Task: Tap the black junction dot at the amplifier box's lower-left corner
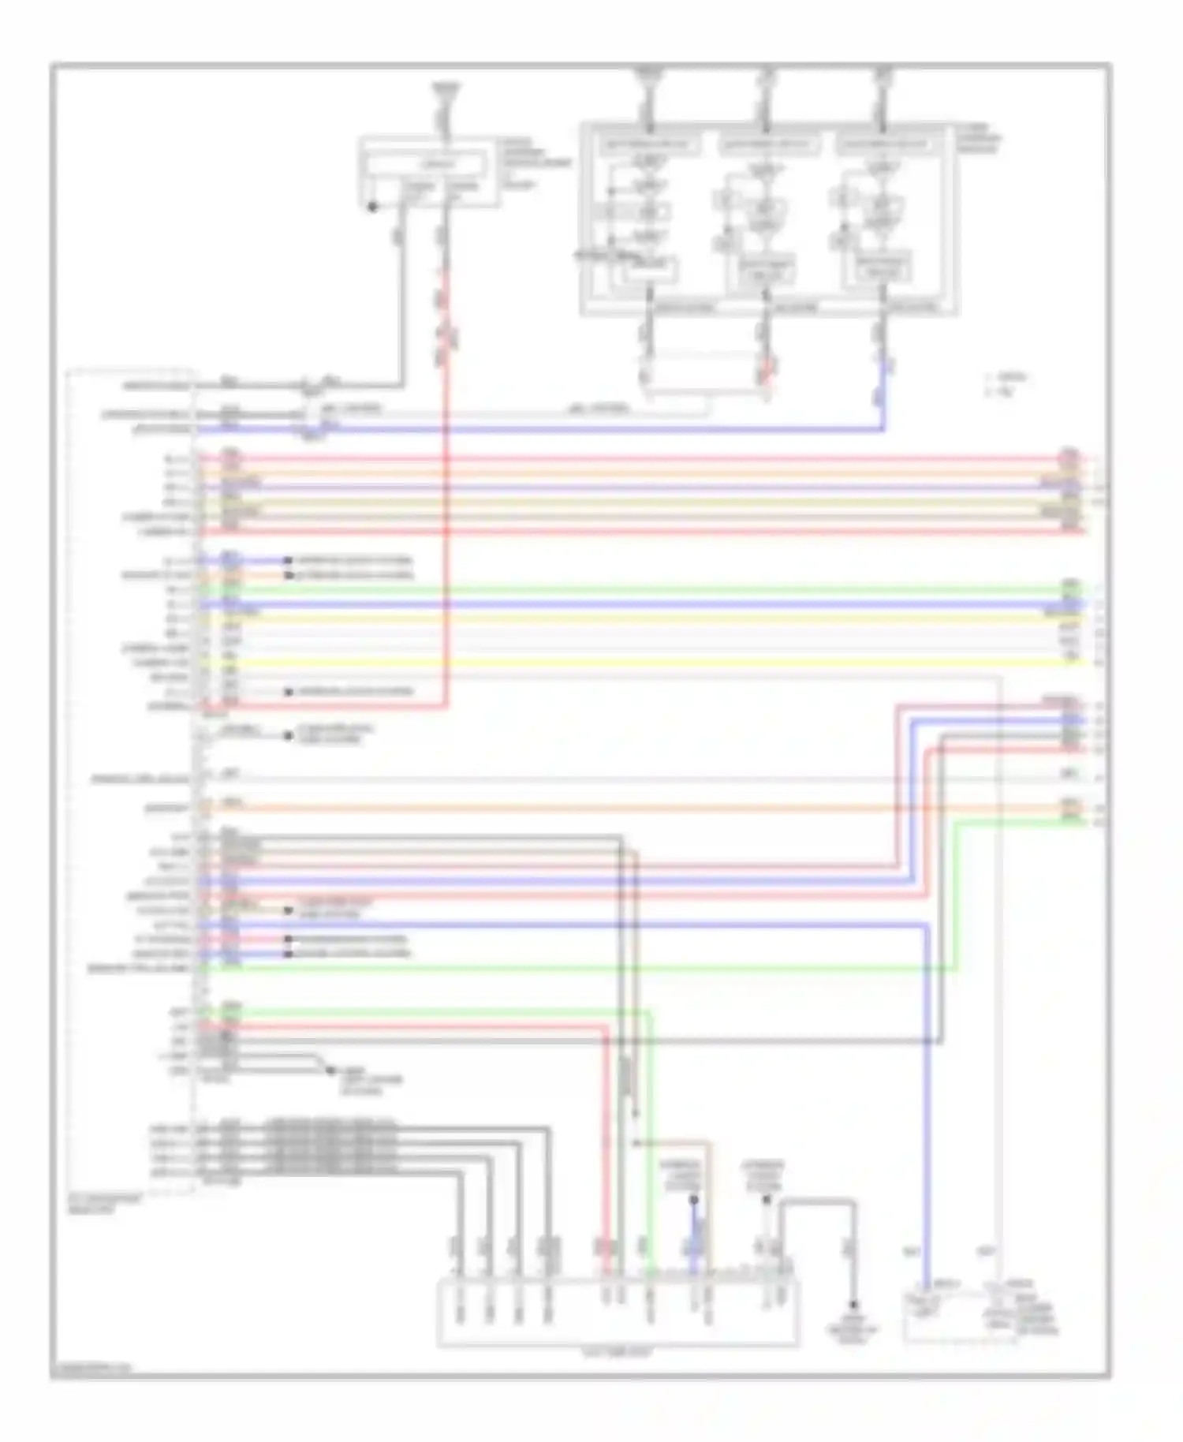click(x=372, y=207)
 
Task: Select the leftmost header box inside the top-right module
click(x=649, y=145)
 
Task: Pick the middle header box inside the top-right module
click(x=766, y=145)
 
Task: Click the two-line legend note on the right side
click(x=1006, y=385)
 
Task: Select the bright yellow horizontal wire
click(x=631, y=662)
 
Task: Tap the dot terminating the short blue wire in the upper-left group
click(x=289, y=561)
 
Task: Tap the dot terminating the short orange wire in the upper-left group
click(x=289, y=576)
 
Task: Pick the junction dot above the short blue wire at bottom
click(x=694, y=1200)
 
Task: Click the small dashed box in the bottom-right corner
click(x=957, y=1314)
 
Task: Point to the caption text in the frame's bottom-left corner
click(x=91, y=1371)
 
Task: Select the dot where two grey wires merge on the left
click(x=330, y=1070)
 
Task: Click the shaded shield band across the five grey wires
click(x=331, y=1150)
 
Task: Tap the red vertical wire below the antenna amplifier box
click(x=446, y=331)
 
